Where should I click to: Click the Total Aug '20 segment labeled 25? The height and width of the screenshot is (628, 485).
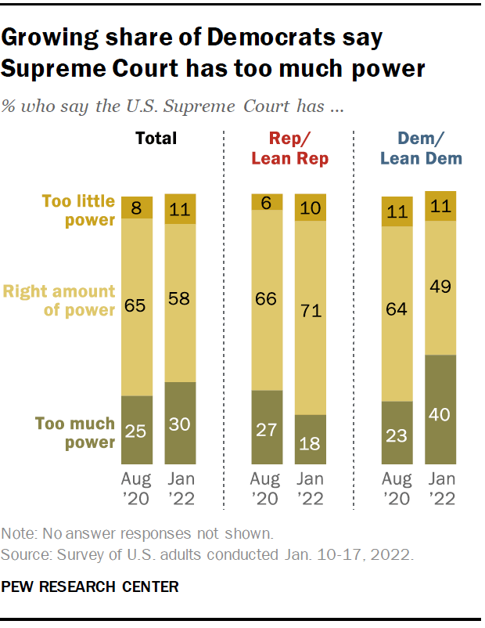(136, 431)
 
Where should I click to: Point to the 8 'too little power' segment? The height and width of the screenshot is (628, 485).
(136, 208)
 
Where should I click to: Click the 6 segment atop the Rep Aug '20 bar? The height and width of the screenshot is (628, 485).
(267, 202)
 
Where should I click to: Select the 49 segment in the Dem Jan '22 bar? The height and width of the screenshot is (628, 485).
(440, 287)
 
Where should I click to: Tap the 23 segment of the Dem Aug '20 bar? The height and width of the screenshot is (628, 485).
(396, 435)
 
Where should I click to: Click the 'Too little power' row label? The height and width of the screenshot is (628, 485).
(78, 211)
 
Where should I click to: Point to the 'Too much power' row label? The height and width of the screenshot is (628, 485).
(75, 433)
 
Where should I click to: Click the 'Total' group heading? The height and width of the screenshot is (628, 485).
(156, 139)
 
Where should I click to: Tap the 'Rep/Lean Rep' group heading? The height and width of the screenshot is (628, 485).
(289, 148)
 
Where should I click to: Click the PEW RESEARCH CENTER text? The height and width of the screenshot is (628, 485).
(90, 585)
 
